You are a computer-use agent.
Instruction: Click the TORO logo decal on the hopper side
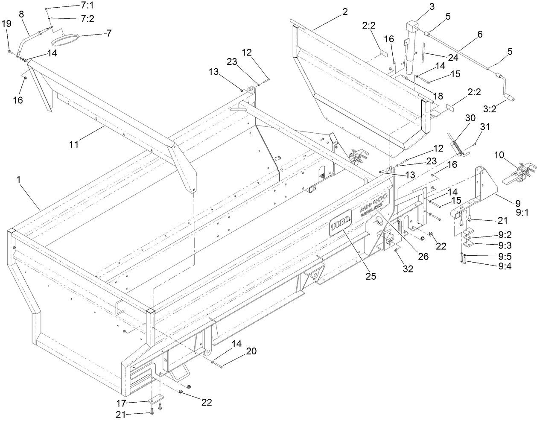pyautogui.click(x=341, y=222)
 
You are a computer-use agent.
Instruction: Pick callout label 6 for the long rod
pyautogui.click(x=480, y=35)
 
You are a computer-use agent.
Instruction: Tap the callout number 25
pyautogui.click(x=370, y=276)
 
